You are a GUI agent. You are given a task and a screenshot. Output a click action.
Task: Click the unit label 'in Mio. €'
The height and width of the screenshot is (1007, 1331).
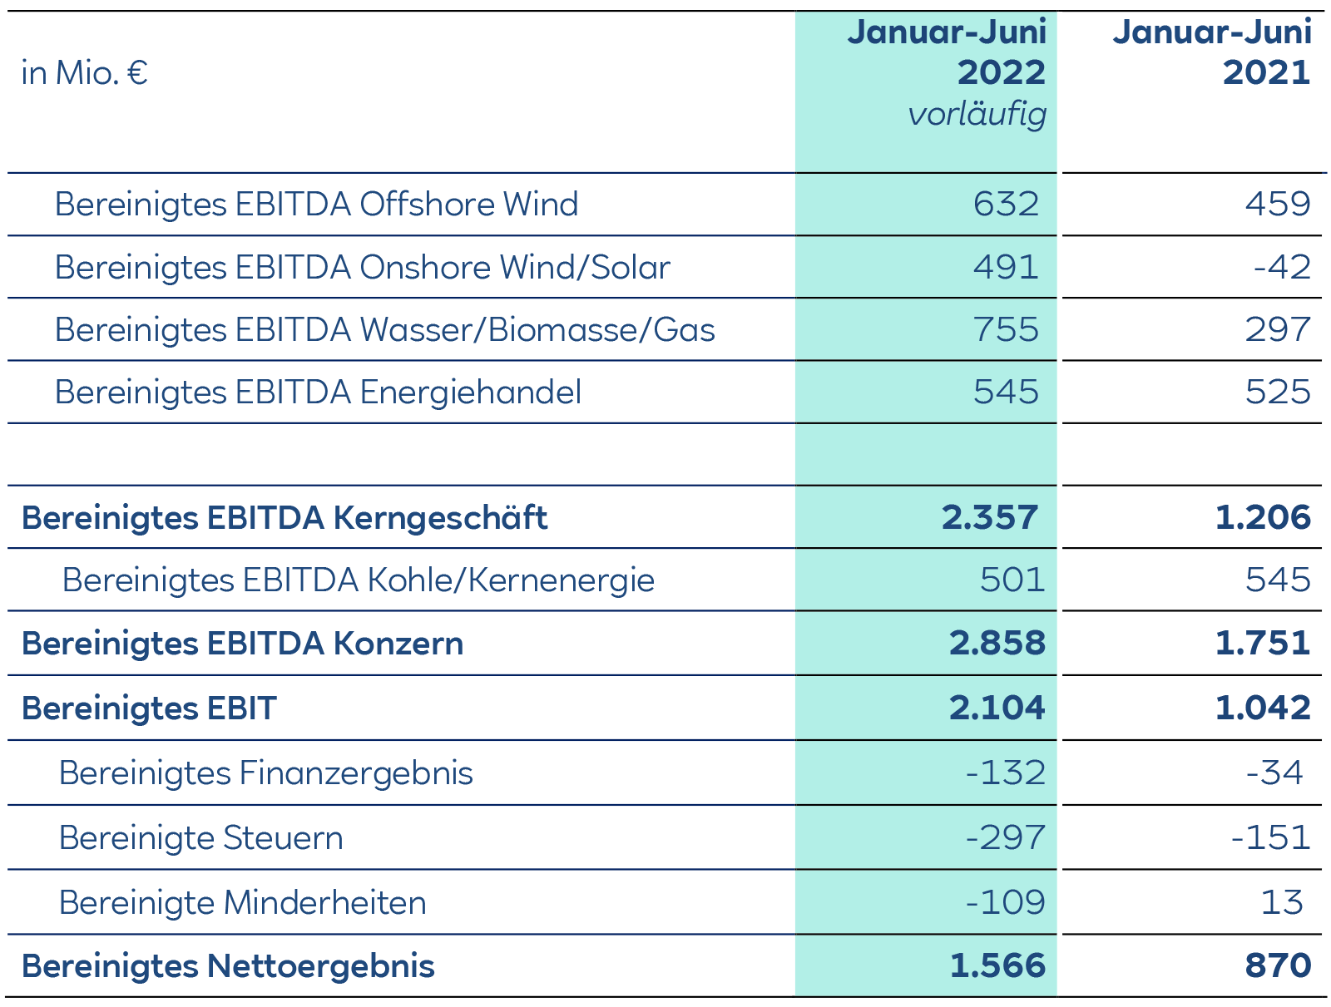(84, 73)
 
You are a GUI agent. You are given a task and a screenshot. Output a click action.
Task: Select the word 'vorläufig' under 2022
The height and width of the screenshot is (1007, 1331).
(977, 114)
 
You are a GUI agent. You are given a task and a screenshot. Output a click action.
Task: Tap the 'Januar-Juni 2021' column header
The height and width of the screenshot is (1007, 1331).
(1211, 52)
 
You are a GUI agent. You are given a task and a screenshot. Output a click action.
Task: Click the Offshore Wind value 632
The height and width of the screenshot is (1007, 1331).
(1006, 204)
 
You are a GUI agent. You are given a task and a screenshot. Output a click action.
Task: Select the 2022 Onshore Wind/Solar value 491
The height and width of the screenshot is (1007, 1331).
(1006, 267)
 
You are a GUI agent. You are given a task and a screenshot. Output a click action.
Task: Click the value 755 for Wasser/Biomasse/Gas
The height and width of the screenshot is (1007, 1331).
(1006, 329)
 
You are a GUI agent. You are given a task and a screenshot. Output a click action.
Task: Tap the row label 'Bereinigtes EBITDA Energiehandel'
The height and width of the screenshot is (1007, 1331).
(318, 392)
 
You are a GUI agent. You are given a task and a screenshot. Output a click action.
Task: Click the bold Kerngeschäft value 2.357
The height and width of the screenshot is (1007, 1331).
(990, 517)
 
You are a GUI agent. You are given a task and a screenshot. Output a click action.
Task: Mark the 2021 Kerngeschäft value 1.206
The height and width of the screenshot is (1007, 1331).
(1262, 517)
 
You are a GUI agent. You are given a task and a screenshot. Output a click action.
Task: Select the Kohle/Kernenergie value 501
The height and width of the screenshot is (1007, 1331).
(1012, 580)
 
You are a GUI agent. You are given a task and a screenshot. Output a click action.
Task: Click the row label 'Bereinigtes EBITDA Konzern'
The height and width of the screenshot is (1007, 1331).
(242, 644)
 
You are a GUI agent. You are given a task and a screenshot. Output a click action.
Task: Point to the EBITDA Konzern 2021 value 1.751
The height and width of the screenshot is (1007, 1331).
(1262, 644)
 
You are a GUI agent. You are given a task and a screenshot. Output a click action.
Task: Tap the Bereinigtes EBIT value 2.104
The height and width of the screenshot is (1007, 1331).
(997, 708)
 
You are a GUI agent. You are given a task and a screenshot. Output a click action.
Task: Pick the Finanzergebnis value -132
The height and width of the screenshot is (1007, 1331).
(1005, 773)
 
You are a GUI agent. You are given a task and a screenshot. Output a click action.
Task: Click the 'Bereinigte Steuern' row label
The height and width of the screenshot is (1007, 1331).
(200, 837)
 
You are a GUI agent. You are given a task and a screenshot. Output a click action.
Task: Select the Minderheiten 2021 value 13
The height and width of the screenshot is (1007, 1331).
(1281, 902)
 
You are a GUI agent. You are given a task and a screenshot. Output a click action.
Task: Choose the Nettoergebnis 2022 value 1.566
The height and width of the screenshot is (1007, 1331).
(997, 966)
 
